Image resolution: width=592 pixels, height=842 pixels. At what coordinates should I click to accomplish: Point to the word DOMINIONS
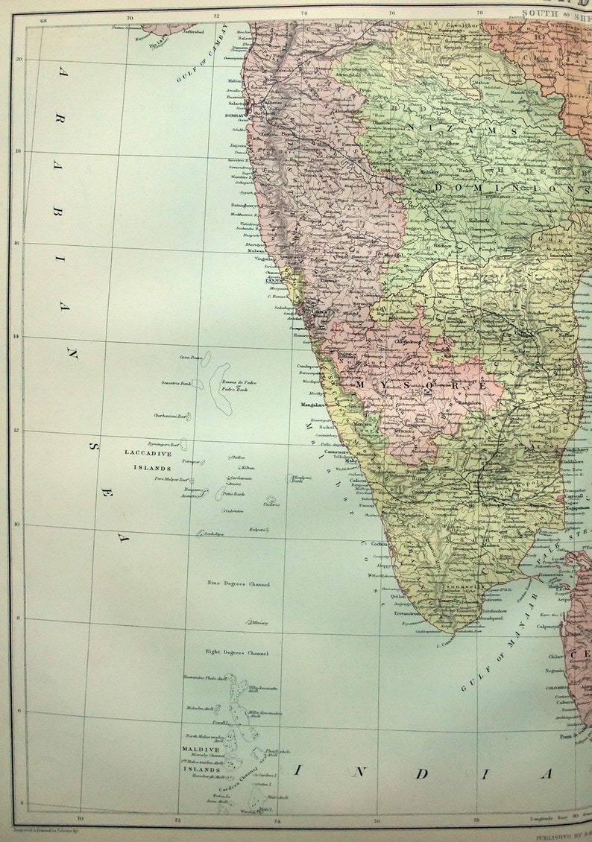click(508, 188)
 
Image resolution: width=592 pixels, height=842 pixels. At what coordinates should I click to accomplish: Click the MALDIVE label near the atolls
click(201, 749)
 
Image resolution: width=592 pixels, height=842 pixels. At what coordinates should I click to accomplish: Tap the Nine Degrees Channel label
click(238, 584)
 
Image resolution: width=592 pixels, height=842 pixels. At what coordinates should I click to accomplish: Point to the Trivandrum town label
click(409, 613)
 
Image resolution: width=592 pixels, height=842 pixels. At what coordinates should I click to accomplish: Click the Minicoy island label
click(259, 622)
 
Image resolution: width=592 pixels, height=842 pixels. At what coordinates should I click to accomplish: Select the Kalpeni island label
click(257, 529)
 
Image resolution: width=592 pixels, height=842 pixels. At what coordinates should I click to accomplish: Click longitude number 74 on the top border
click(304, 13)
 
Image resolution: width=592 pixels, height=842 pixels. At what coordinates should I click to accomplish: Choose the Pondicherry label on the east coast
click(576, 450)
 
